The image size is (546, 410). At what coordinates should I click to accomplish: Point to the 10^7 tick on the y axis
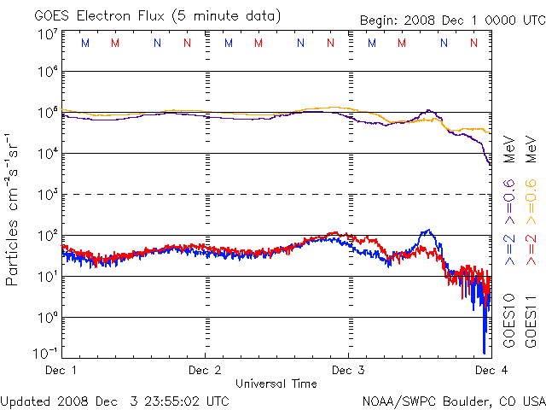click(x=47, y=35)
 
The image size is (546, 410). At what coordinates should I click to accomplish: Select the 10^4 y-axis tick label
click(x=47, y=154)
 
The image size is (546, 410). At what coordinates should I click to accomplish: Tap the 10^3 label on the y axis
click(x=47, y=195)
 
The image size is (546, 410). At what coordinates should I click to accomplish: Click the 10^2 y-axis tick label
click(x=47, y=236)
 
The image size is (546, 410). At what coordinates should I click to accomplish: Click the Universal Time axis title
click(x=276, y=384)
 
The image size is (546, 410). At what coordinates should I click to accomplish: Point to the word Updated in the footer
click(x=26, y=401)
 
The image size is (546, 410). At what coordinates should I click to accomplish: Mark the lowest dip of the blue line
click(x=484, y=352)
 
